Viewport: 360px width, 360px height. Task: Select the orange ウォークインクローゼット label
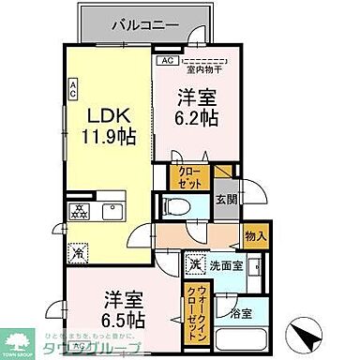pyautogui.click(x=198, y=304)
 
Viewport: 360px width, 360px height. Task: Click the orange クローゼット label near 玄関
pyautogui.click(x=184, y=178)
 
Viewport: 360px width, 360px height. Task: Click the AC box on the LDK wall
pyautogui.click(x=72, y=90)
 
